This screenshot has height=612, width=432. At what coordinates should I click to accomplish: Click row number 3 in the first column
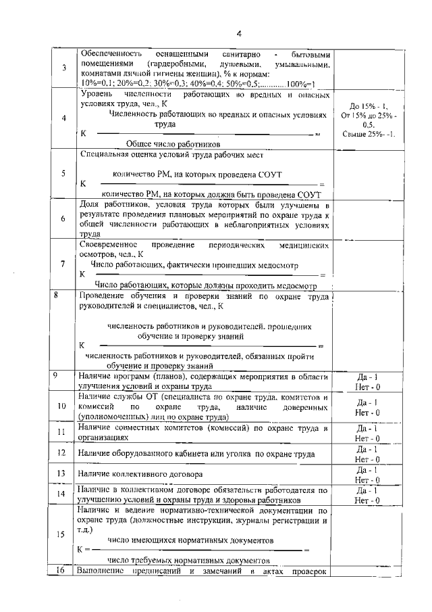coord(63,68)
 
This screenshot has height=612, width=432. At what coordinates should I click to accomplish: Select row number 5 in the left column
coord(63,174)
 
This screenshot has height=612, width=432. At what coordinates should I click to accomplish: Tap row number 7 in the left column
coord(63,264)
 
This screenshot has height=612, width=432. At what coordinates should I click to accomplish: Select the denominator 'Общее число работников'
coord(174,144)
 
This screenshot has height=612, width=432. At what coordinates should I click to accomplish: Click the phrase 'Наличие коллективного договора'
coord(131,474)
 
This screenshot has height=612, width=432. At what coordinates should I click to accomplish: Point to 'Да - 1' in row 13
coord(368,469)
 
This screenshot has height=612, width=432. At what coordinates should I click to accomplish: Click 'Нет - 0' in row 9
coord(368,386)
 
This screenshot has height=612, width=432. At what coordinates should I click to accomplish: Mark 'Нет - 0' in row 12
coord(368,458)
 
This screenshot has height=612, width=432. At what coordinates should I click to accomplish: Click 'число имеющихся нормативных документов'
coord(191,541)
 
